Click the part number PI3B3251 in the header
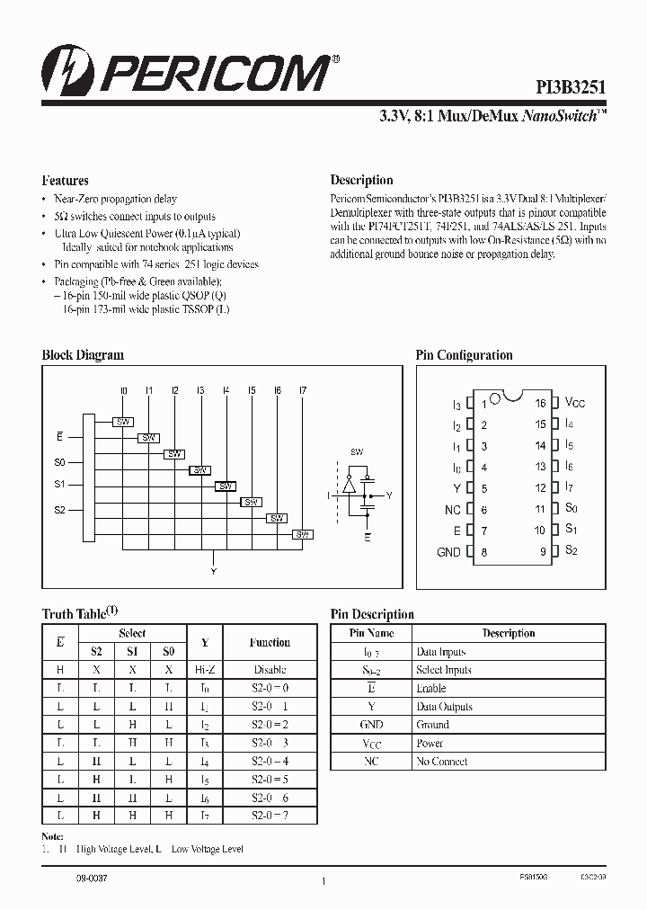click(x=572, y=88)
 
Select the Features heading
click(x=65, y=180)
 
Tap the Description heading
click(x=361, y=180)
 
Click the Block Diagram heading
click(x=83, y=355)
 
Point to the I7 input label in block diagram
click(x=303, y=390)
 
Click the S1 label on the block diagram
click(x=60, y=485)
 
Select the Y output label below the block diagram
click(x=213, y=570)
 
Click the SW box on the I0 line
click(x=123, y=422)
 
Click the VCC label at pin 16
click(x=575, y=403)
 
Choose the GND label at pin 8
click(x=448, y=552)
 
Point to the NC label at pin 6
click(x=452, y=510)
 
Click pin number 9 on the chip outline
click(x=543, y=552)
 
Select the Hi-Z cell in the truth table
click(x=204, y=670)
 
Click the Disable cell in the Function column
click(x=270, y=670)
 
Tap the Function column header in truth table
click(x=270, y=642)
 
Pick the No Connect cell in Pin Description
click(x=441, y=762)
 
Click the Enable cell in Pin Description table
click(x=430, y=688)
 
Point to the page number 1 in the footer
click(x=323, y=881)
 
